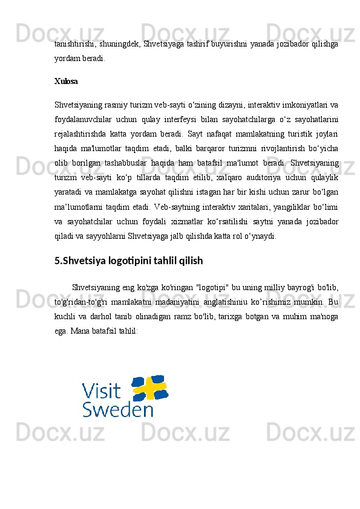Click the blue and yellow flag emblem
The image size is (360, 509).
pyautogui.click(x=149, y=387)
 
